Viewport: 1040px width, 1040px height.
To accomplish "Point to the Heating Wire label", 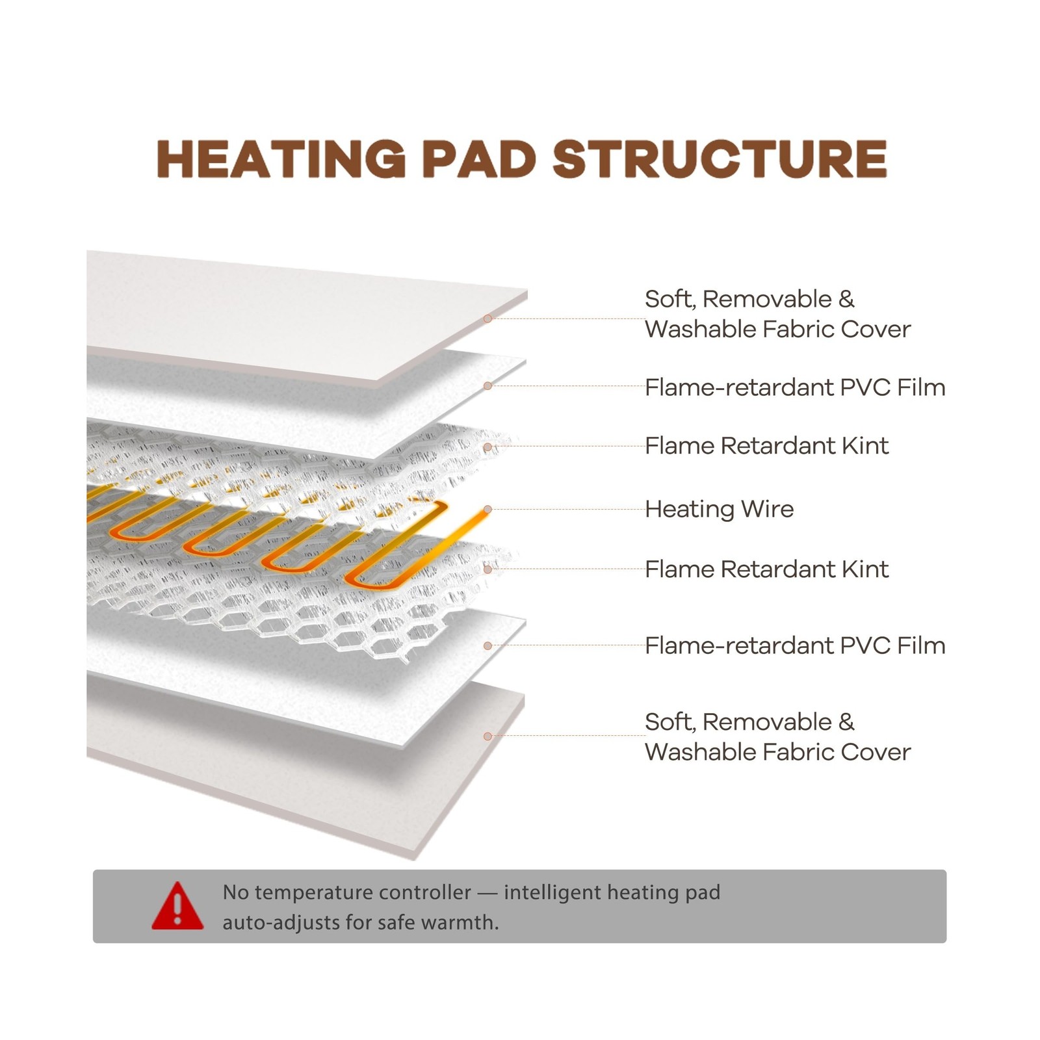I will tap(719, 509).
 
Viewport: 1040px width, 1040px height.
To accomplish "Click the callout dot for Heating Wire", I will tap(487, 510).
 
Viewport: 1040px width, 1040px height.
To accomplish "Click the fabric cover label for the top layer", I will tap(777, 314).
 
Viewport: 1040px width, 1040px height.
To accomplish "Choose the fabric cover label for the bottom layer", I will tap(777, 736).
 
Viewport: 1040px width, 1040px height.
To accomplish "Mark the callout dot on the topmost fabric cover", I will tap(487, 318).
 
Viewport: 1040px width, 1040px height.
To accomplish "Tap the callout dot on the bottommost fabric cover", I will tap(487, 736).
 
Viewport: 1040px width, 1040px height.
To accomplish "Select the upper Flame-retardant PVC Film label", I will tap(794, 387).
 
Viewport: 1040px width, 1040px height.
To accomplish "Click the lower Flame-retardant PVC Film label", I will tap(794, 645).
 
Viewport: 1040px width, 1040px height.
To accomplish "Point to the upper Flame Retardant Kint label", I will tap(766, 446).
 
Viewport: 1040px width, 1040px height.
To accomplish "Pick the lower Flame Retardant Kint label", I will tap(766, 569).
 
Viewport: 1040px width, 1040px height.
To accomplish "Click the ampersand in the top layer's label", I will tap(846, 300).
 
